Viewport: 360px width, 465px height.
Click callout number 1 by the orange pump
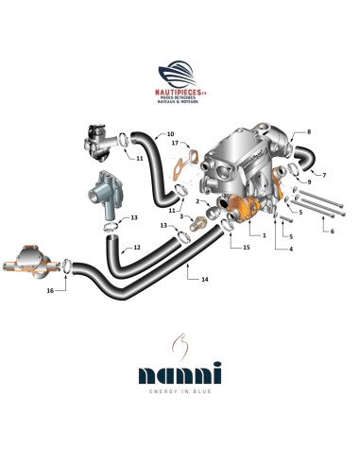pyautogui.click(x=264, y=234)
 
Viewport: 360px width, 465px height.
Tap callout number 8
pyautogui.click(x=308, y=133)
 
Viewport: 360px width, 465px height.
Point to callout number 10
pyautogui.click(x=171, y=133)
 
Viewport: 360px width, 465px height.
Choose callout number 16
pyautogui.click(x=51, y=291)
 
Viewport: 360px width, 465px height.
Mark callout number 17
pyautogui.click(x=175, y=144)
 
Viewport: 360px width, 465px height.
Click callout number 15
pyautogui.click(x=246, y=248)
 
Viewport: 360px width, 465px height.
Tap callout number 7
pyautogui.click(x=324, y=175)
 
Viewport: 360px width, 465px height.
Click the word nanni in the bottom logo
pyautogui.click(x=180, y=376)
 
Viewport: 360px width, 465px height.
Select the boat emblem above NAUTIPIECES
pyautogui.click(x=179, y=74)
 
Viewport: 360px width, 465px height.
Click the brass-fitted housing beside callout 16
pyautogui.click(x=26, y=262)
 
